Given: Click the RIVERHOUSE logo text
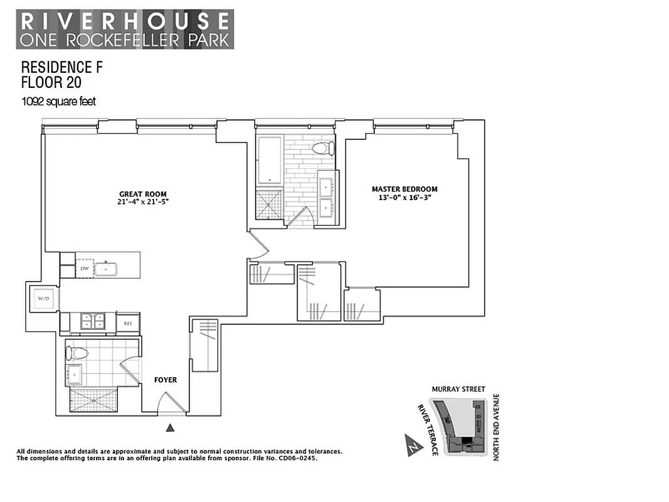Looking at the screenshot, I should [125, 21].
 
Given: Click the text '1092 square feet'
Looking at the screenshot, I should [59, 102].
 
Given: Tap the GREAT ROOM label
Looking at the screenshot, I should [143, 194].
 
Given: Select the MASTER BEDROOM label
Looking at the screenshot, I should [404, 189].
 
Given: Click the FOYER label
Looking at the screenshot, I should [166, 380].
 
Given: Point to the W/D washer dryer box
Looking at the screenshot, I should [44, 298].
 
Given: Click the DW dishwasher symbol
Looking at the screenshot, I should [84, 269].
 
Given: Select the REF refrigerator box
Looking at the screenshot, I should [127, 323].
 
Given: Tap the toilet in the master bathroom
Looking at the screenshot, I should [323, 149].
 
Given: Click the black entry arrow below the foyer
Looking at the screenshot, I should [170, 429].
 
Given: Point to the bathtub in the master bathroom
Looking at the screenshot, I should [270, 159].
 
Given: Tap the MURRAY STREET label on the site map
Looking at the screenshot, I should [458, 389].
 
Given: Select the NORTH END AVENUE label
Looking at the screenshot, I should [495, 427].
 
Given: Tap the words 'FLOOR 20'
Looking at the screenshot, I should [51, 82].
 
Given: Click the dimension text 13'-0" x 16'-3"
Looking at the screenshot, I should [404, 198].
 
